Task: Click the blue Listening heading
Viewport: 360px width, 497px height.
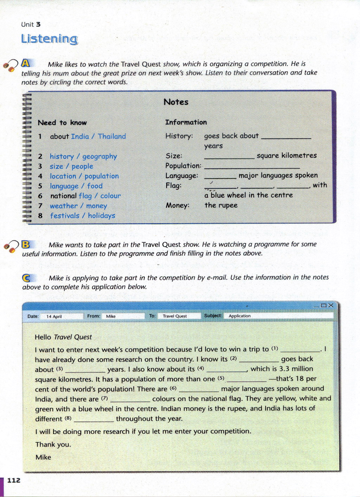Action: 49,39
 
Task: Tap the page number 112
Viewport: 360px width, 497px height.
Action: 14,480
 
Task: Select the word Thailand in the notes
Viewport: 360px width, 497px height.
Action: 111,136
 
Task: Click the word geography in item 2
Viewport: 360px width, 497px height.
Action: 99,156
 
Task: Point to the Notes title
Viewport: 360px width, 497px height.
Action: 176,102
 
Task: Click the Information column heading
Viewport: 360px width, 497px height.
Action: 186,122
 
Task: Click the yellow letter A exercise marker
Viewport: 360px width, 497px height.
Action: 26,63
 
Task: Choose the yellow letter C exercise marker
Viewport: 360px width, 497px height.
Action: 27,278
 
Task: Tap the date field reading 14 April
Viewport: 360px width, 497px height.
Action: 62,316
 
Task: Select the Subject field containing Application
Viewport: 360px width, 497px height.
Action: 278,316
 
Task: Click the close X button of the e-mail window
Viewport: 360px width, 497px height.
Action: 330,306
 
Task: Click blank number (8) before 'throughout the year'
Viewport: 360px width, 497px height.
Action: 94,419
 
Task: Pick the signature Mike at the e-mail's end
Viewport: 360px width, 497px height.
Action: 43,457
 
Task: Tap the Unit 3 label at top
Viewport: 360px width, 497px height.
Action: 31,24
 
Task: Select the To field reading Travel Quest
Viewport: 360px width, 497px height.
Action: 179,316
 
